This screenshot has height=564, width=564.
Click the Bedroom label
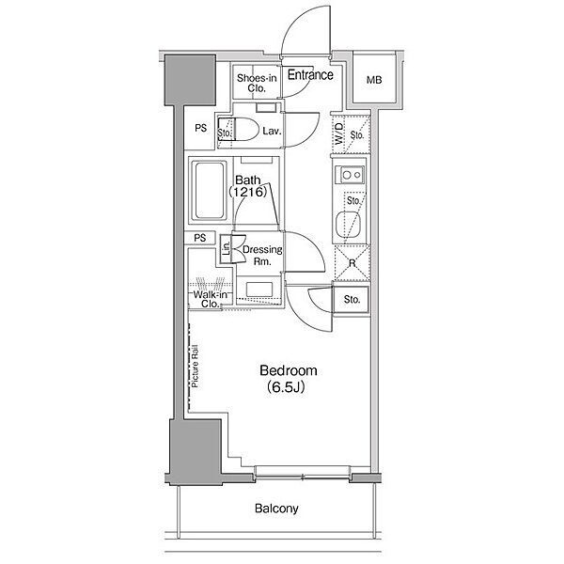pyautogui.click(x=289, y=370)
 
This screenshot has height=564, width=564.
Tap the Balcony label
pyautogui.click(x=276, y=509)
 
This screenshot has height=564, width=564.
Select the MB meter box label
pyautogui.click(x=374, y=80)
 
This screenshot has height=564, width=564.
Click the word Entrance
pyautogui.click(x=310, y=75)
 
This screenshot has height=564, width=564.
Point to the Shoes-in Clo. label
pyautogui.click(x=257, y=83)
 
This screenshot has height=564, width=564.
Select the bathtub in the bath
pyautogui.click(x=209, y=190)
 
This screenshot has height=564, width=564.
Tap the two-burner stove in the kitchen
pyautogui.click(x=350, y=175)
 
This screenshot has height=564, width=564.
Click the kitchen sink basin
pyautogui.click(x=348, y=225)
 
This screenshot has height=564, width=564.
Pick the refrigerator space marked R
pyautogui.click(x=352, y=263)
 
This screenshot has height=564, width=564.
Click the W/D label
pyautogui.click(x=338, y=133)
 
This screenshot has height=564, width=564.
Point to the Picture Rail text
pyautogui.click(x=196, y=367)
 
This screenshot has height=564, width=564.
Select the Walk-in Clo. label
pyautogui.click(x=210, y=299)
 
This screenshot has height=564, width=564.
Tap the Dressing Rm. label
pyautogui.click(x=262, y=256)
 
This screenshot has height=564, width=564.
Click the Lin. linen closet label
pyautogui.click(x=226, y=248)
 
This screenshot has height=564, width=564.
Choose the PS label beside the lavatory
pyautogui.click(x=201, y=128)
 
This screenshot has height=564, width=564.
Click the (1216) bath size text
pyautogui.click(x=248, y=192)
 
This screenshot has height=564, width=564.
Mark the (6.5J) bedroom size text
pyautogui.click(x=286, y=387)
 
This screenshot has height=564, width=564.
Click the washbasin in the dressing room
pyautogui.click(x=259, y=290)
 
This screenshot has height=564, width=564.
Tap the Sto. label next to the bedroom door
pyautogui.click(x=352, y=299)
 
